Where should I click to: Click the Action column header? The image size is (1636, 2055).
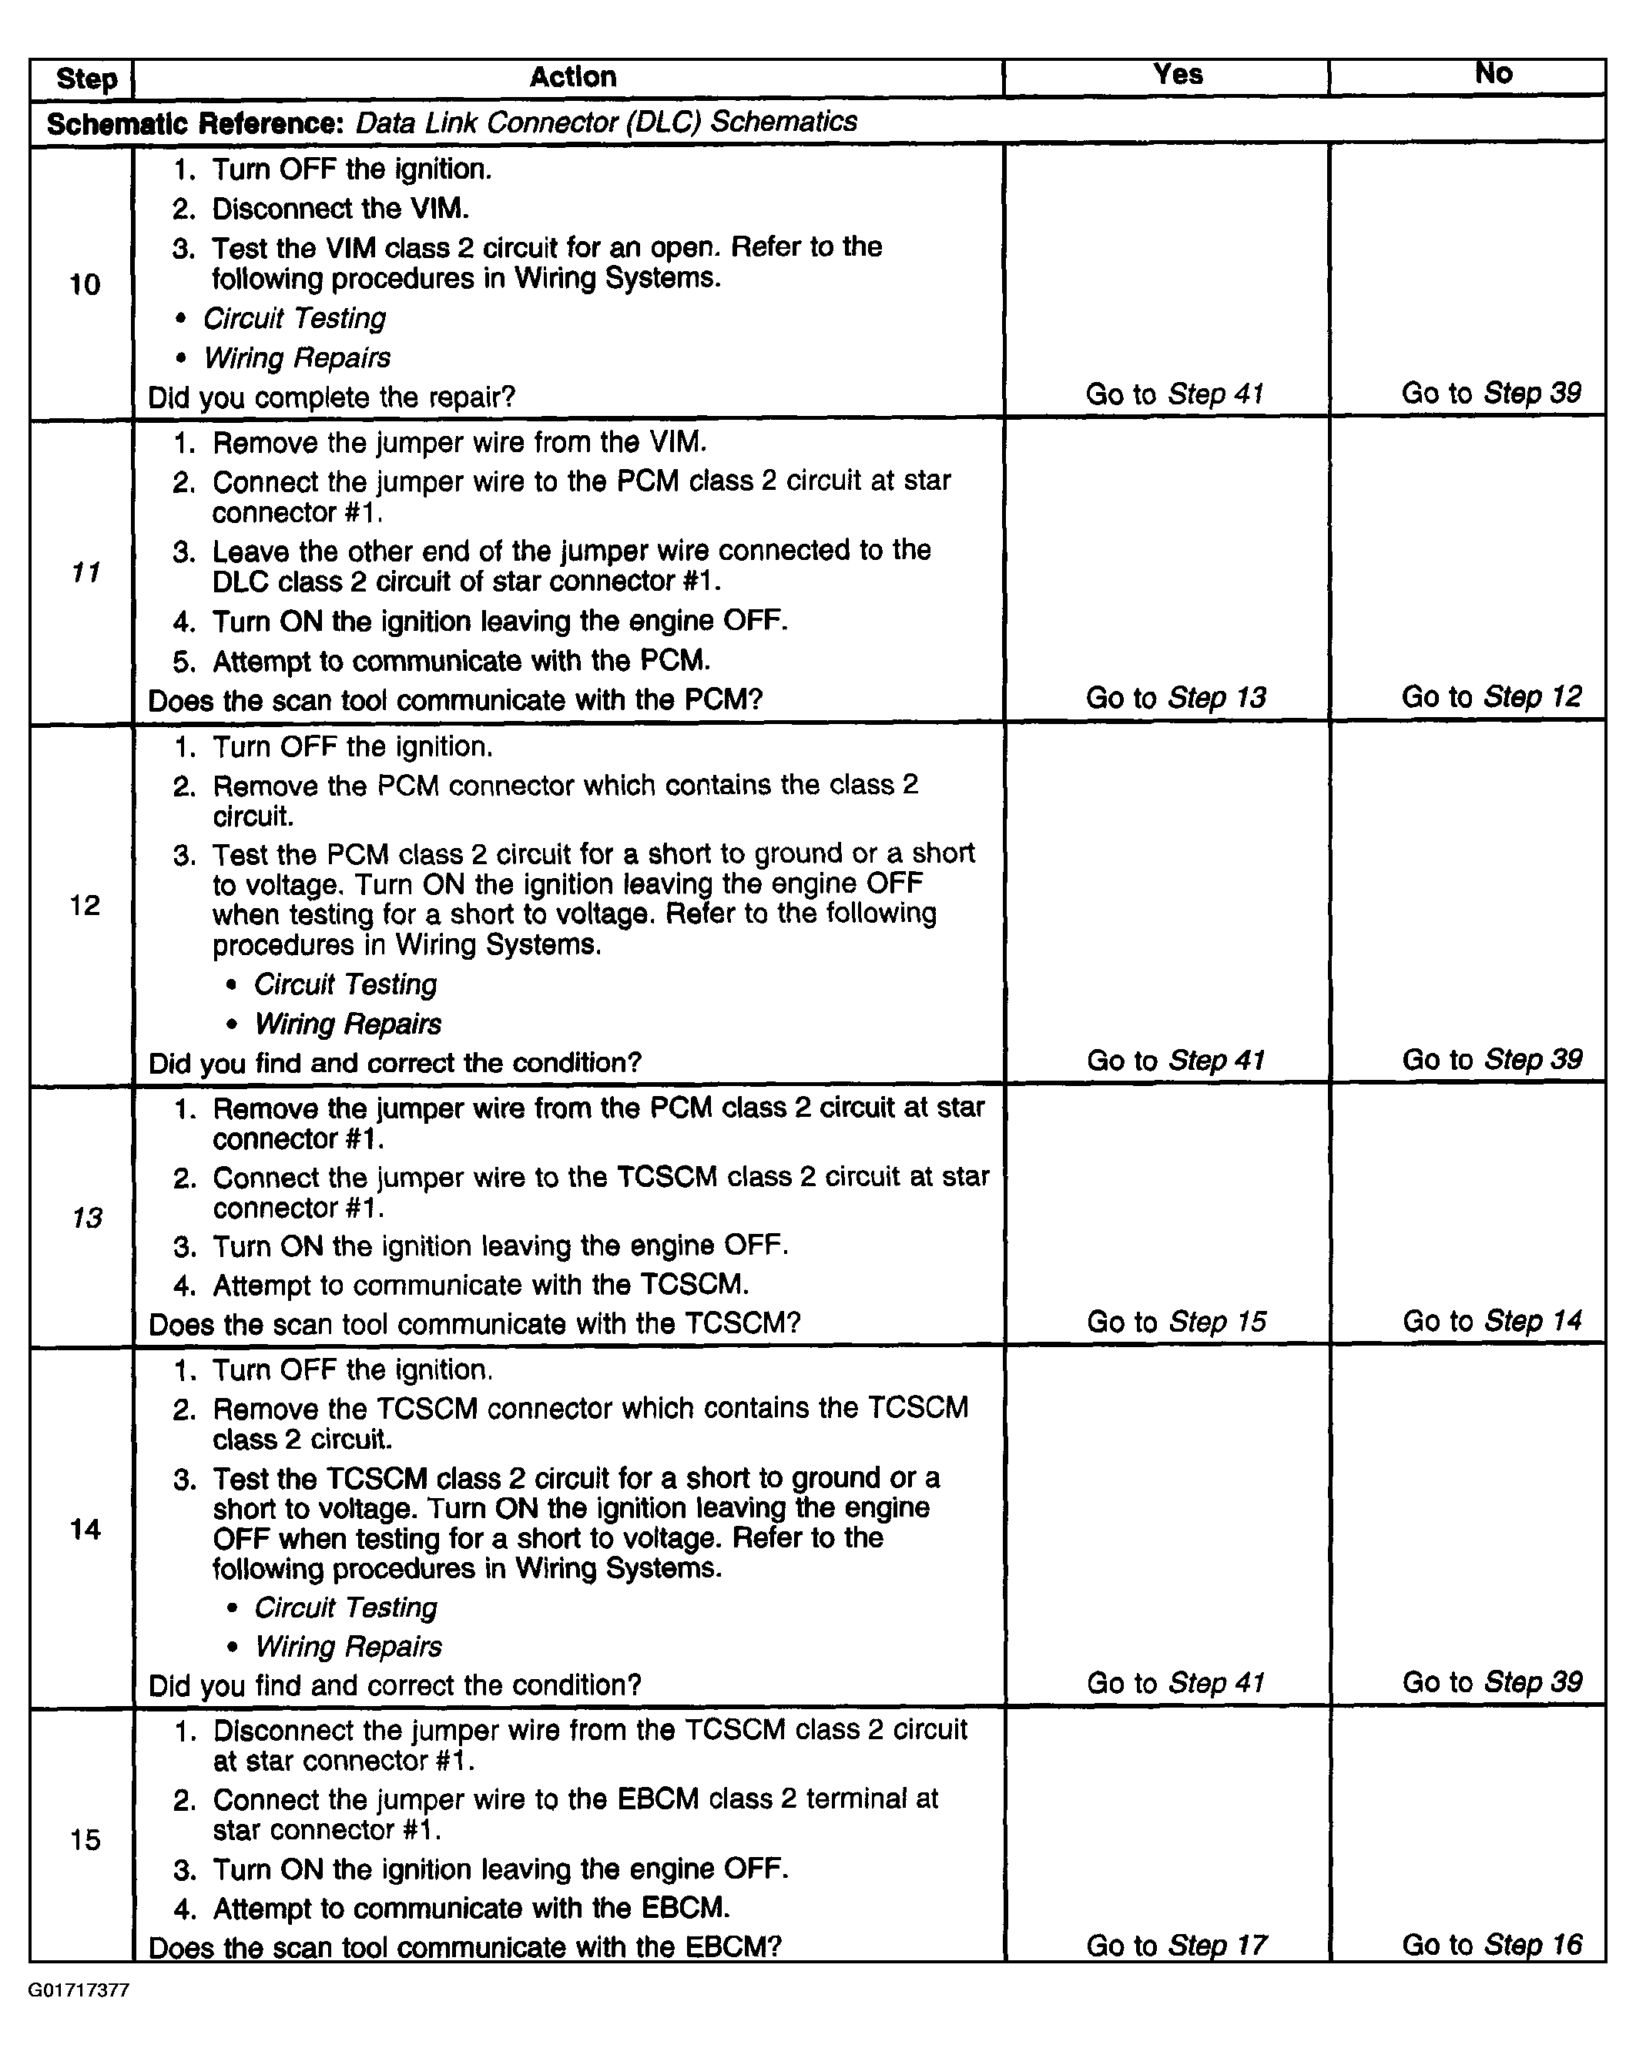click(x=572, y=77)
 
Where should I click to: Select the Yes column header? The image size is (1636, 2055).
click(x=1178, y=75)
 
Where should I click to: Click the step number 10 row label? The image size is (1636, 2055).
click(x=85, y=284)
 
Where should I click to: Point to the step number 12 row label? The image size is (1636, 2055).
click(x=85, y=904)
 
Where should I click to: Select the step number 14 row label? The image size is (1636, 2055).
click(x=85, y=1529)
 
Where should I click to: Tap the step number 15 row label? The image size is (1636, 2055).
click(x=85, y=1839)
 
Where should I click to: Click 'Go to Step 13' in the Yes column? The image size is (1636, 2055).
click(x=1175, y=698)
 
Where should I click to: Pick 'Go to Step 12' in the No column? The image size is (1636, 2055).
click(x=1491, y=697)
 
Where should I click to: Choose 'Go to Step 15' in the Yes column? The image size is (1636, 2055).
click(x=1175, y=1321)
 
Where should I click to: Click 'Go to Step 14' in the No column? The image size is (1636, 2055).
click(x=1491, y=1320)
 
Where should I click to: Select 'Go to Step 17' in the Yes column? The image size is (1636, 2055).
click(x=1175, y=1944)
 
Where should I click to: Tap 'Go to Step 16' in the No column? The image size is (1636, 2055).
click(x=1491, y=1943)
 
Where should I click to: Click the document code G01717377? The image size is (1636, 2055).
click(x=79, y=1990)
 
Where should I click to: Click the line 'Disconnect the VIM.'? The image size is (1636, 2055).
click(x=340, y=209)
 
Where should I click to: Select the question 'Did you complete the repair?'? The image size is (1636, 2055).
click(x=331, y=397)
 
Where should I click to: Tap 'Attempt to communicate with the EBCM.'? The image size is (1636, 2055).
click(x=471, y=1907)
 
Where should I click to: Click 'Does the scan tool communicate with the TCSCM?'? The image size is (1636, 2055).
click(x=474, y=1323)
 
